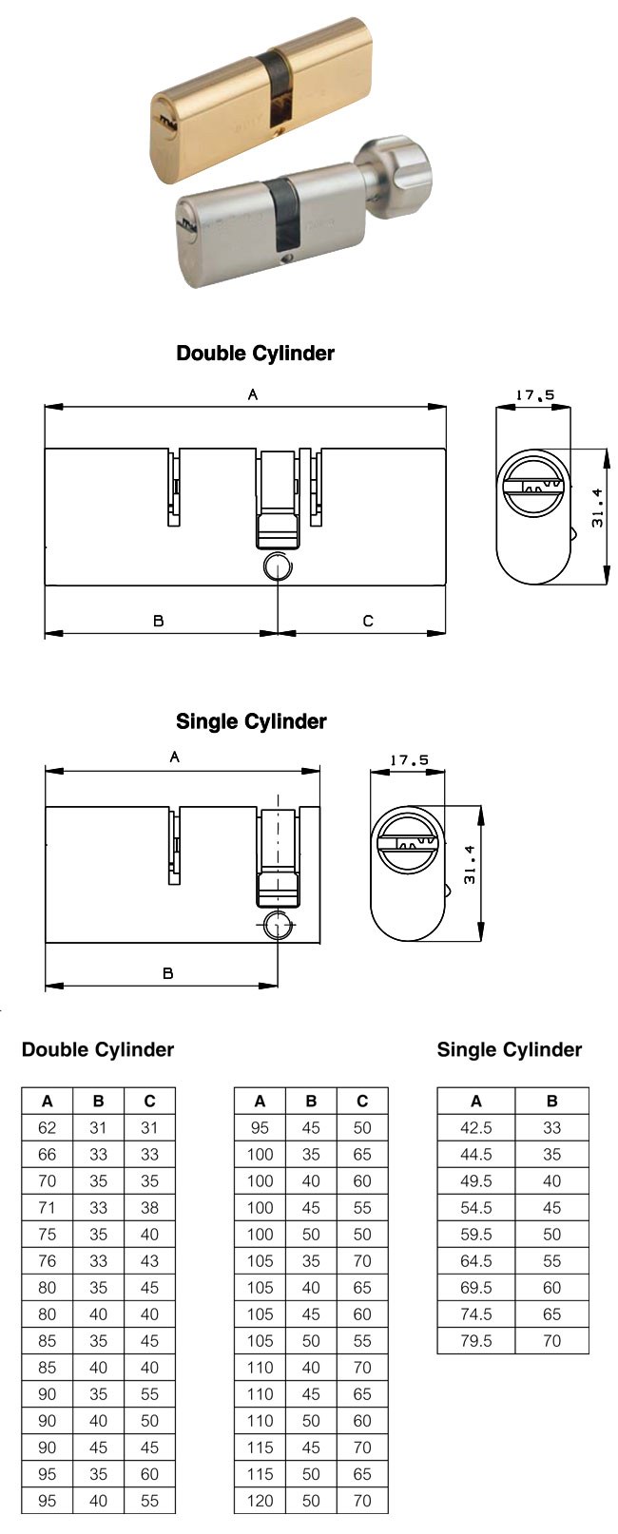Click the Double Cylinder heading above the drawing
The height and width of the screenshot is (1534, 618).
[256, 354]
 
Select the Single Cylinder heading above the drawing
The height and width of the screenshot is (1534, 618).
[251, 721]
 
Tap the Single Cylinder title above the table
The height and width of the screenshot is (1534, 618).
[510, 1050]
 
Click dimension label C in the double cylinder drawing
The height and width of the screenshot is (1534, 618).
[368, 621]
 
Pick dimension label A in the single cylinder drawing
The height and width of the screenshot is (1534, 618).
[175, 757]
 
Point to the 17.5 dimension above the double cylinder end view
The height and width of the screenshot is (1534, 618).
[535, 394]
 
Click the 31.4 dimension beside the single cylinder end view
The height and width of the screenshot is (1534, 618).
[470, 864]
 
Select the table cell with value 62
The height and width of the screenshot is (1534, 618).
[48, 1128]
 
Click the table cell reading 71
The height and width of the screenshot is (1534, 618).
[48, 1208]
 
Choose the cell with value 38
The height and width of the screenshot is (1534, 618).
[149, 1208]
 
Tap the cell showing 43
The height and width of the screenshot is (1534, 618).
[149, 1261]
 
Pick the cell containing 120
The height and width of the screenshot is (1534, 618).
[260, 1501]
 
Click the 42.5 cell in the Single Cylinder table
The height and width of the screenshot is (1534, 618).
[476, 1128]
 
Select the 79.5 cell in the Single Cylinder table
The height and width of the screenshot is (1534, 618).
[476, 1341]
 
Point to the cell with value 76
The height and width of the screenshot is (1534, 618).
[48, 1261]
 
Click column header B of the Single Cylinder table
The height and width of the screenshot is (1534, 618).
[551, 1102]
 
